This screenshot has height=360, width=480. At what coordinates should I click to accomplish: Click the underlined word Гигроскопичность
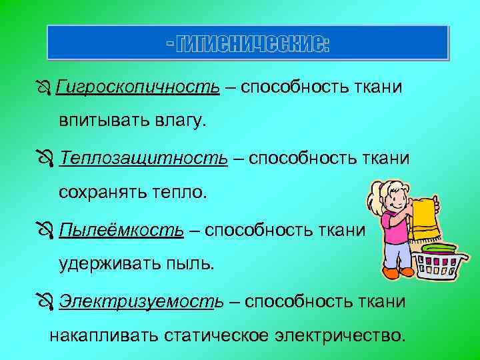[x=138, y=87]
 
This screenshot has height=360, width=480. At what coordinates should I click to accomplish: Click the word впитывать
[x=99, y=123]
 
